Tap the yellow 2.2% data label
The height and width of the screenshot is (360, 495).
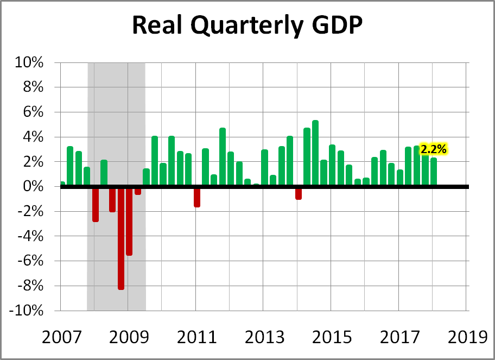click(434, 148)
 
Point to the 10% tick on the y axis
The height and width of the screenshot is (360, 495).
click(29, 62)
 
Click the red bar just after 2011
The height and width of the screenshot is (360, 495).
click(197, 197)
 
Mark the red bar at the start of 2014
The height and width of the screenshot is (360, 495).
click(299, 193)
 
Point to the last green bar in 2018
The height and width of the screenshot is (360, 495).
click(434, 172)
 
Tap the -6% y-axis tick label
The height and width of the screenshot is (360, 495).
click(29, 261)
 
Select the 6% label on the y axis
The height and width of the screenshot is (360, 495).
click(32, 112)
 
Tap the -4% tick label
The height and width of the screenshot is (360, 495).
click(29, 236)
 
